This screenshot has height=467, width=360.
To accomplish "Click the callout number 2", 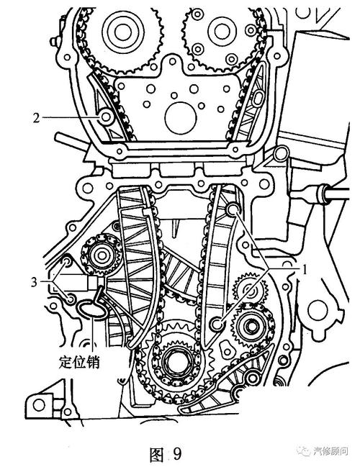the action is tap(36, 118).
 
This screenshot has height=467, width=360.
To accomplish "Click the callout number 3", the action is tap(35, 282).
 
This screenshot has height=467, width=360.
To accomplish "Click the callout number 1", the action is tap(305, 270).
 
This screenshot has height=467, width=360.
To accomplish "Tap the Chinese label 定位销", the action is tap(79, 363).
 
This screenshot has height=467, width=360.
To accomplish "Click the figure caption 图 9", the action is tap(166, 453).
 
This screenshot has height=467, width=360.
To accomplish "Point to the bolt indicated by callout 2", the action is tap(106, 117).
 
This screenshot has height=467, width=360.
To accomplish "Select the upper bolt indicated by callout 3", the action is tap(67, 262).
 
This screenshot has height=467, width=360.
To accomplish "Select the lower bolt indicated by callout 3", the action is tap(71, 299).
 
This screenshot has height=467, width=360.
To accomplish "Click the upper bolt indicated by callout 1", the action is tap(233, 210).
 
